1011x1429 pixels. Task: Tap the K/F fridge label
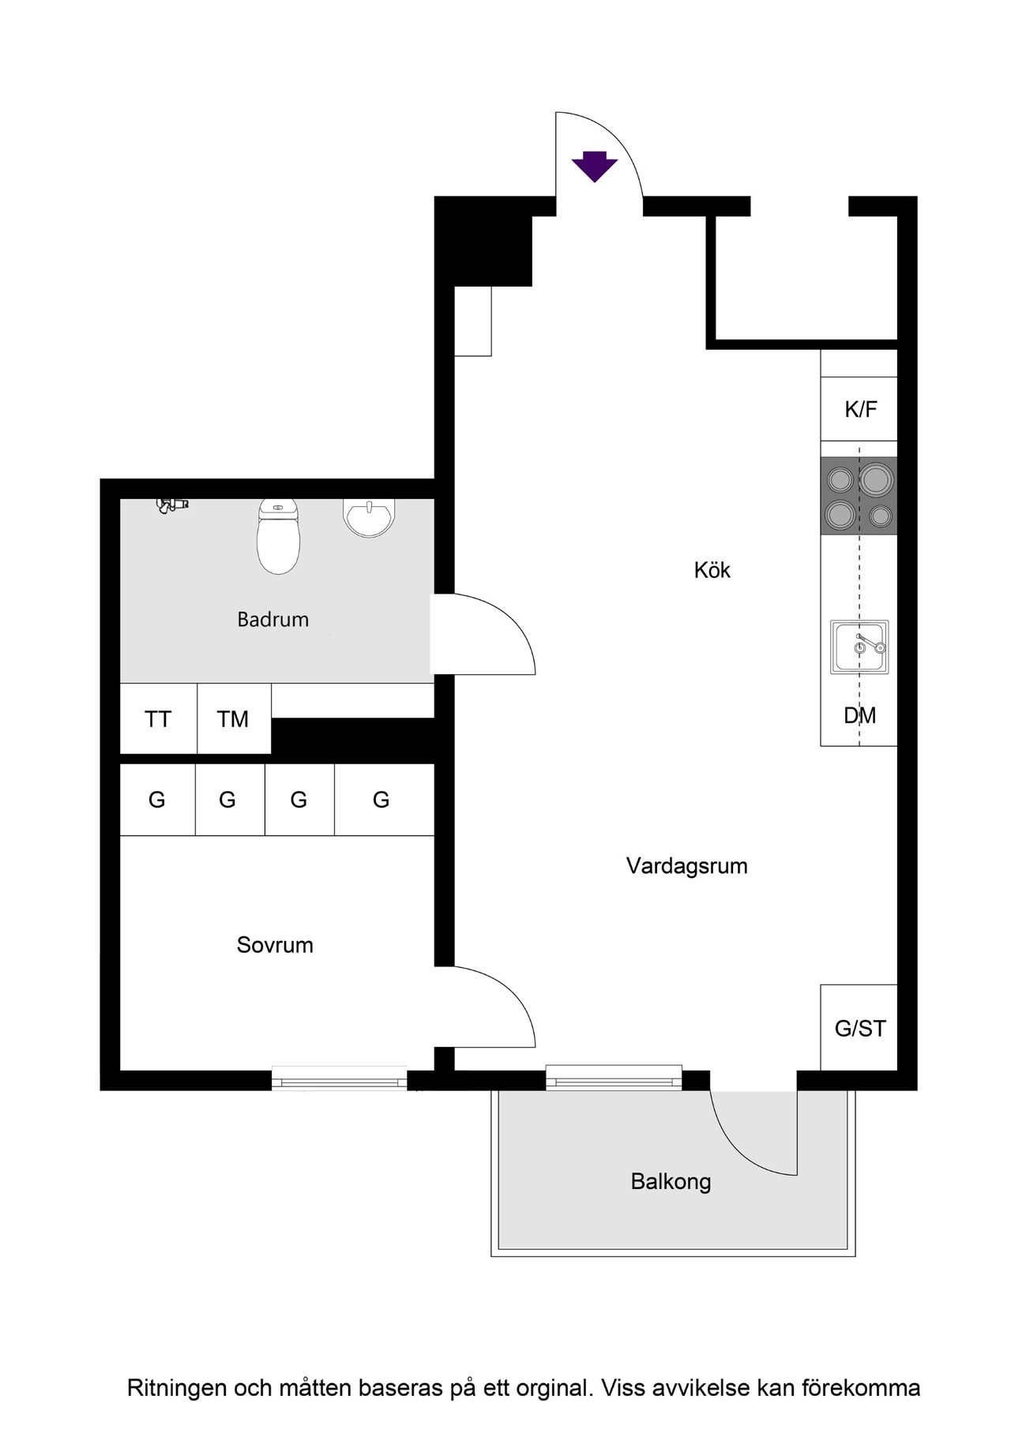(860, 409)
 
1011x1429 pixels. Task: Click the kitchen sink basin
(859, 647)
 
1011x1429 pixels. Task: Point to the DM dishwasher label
(859, 715)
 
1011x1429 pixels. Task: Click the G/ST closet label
(859, 1028)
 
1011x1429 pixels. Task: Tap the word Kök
(712, 570)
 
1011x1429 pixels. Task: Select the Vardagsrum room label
(686, 866)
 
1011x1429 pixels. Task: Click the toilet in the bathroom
(278, 537)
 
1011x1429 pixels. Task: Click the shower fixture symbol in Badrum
(171, 505)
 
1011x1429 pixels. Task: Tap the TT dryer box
(158, 718)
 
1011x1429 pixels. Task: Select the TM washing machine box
(233, 718)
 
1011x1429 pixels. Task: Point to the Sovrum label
(275, 945)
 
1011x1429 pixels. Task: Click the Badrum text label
(272, 620)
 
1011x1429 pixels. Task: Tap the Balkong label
(671, 1182)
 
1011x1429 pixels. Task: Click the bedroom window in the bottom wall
(339, 1078)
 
